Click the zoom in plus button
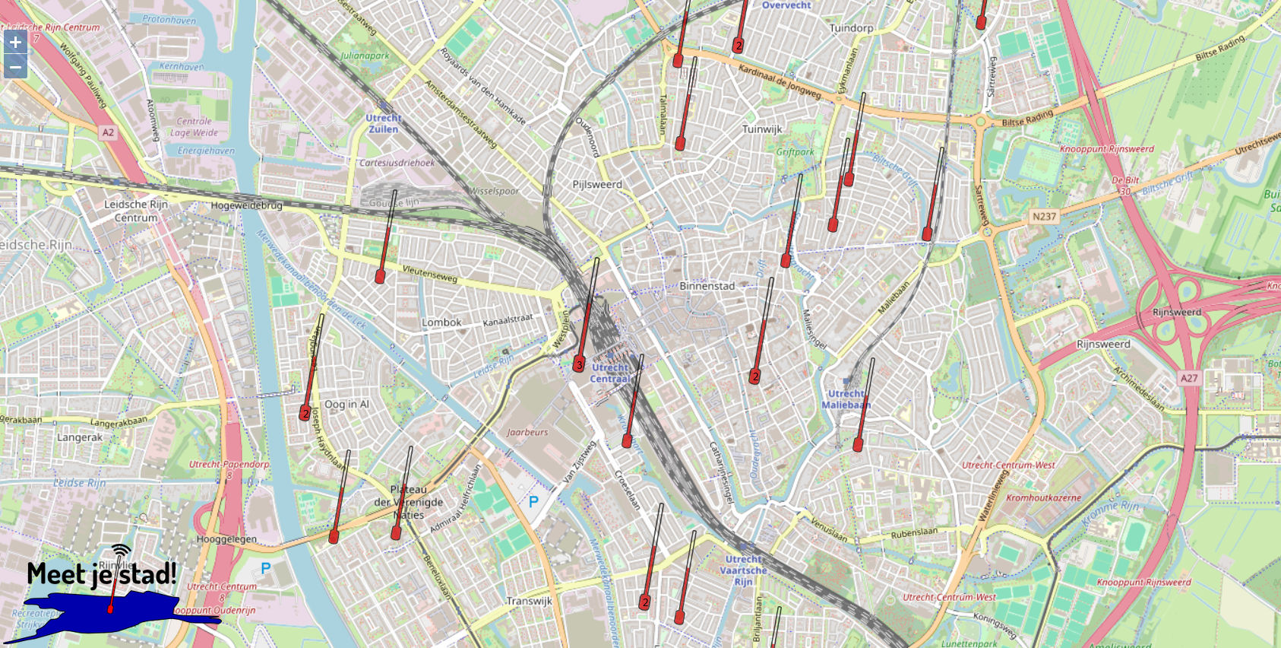(x=15, y=42)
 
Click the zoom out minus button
(x=15, y=67)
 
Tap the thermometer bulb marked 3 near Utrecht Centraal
(x=579, y=365)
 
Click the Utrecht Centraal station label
(x=610, y=373)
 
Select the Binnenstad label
(x=707, y=286)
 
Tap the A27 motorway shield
(x=1189, y=378)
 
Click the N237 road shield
(x=1044, y=217)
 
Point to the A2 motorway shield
(x=108, y=132)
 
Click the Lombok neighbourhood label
(x=441, y=322)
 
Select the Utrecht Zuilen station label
(x=384, y=123)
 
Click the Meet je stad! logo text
(x=102, y=573)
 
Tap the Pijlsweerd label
(x=596, y=184)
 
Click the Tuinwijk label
(x=762, y=129)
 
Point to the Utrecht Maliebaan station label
(x=846, y=399)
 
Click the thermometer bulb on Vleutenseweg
(x=380, y=276)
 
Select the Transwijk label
(x=529, y=601)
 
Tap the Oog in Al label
(x=346, y=404)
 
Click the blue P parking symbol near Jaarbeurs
(x=533, y=501)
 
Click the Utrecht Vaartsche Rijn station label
(x=743, y=570)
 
